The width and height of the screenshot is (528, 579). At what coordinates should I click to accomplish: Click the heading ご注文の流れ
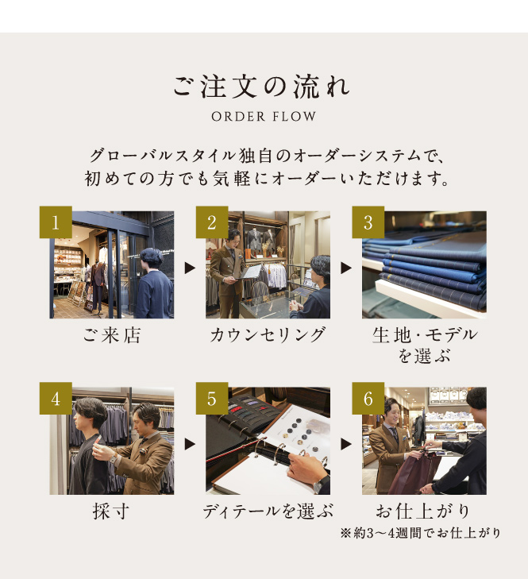(x=261, y=87)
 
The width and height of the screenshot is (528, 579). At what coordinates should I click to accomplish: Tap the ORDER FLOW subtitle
(x=264, y=117)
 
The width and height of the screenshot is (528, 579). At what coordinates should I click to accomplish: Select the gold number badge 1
(x=56, y=222)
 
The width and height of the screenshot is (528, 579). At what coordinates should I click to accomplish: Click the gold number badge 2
(x=212, y=222)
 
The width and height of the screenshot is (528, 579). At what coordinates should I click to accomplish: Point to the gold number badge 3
(x=368, y=222)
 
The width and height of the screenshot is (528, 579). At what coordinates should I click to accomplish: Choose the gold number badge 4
(x=56, y=399)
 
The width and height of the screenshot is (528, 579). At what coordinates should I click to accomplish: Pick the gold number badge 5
(x=212, y=399)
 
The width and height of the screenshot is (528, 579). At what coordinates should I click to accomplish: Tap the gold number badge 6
(x=368, y=399)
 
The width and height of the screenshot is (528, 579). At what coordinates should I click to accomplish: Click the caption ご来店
(x=112, y=335)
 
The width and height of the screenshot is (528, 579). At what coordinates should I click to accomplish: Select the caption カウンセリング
(x=268, y=335)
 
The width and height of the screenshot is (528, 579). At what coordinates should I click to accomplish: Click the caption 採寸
(x=111, y=511)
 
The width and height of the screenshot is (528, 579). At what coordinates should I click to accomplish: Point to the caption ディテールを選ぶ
(x=268, y=511)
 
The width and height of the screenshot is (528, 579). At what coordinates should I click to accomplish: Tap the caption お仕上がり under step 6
(x=422, y=511)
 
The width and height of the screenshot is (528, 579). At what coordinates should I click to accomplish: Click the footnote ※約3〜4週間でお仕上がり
(x=421, y=533)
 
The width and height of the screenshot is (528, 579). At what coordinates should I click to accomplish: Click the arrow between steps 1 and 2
(x=190, y=268)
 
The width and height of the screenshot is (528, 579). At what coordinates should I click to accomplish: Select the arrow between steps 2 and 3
(x=346, y=268)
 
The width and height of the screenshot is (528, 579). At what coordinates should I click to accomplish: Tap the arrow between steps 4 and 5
(x=190, y=444)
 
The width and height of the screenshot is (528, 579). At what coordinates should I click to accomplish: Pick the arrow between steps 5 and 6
(x=346, y=444)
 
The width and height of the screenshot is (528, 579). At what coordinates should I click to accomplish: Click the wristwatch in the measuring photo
(x=113, y=459)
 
